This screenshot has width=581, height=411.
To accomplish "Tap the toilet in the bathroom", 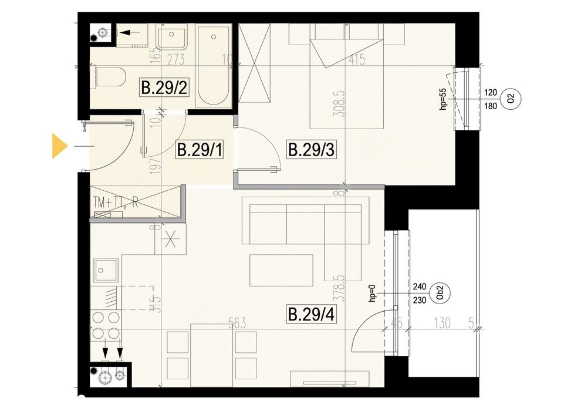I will point(108,77).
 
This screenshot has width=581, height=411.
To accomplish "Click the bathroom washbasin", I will point(171,37).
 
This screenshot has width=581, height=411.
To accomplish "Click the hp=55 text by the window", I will point(444,99).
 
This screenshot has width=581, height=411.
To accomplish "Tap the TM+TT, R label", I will point(116,202).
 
